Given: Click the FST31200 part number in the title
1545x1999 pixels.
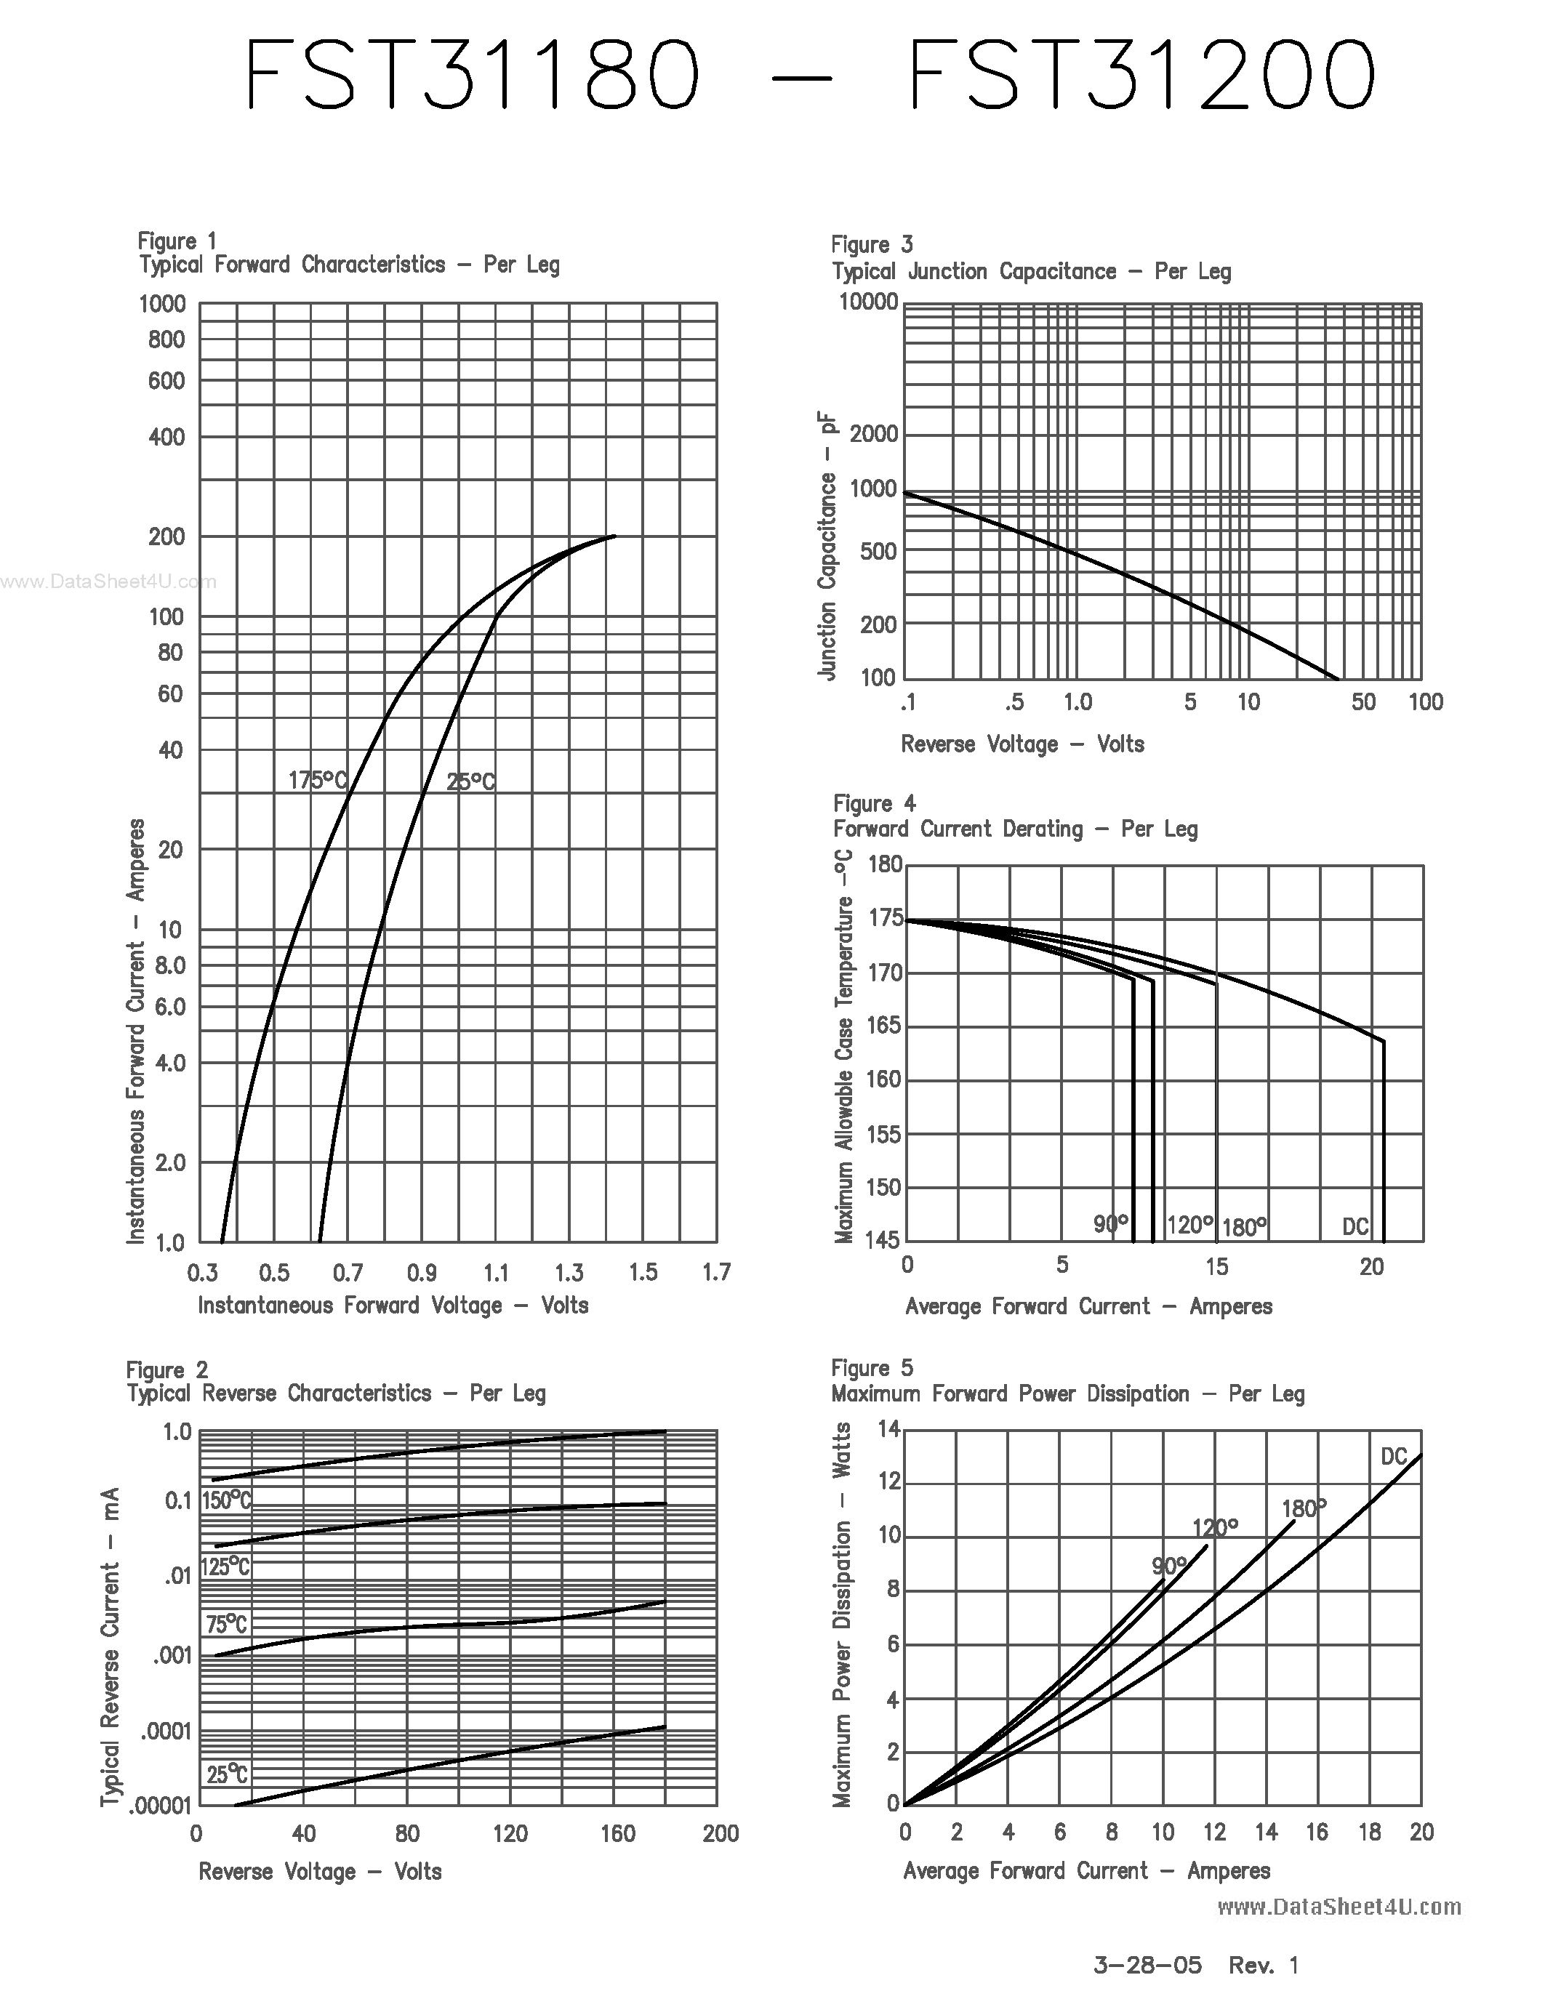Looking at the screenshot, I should [1141, 75].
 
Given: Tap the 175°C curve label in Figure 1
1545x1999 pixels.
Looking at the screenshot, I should [318, 781].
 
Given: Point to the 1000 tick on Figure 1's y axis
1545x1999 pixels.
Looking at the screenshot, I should [162, 304].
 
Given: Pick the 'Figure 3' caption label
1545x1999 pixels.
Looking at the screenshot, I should [871, 244].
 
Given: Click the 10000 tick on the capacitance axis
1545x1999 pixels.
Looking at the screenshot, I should [869, 302].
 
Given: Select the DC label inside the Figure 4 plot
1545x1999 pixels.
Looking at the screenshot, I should [1355, 1226].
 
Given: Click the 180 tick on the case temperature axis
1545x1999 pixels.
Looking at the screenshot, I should [885, 865].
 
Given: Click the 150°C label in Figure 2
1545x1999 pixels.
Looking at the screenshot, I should [226, 1500].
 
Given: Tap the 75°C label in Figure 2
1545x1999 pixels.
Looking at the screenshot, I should [226, 1625].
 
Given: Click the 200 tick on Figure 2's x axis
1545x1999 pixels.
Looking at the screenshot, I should [721, 1833].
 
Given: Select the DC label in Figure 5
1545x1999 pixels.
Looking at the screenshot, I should [1393, 1456].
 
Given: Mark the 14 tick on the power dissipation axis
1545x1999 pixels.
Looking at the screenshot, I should [888, 1429].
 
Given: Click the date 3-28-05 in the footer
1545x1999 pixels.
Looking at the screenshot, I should [1148, 1964].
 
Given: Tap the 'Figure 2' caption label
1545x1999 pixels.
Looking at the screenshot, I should [166, 1370].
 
